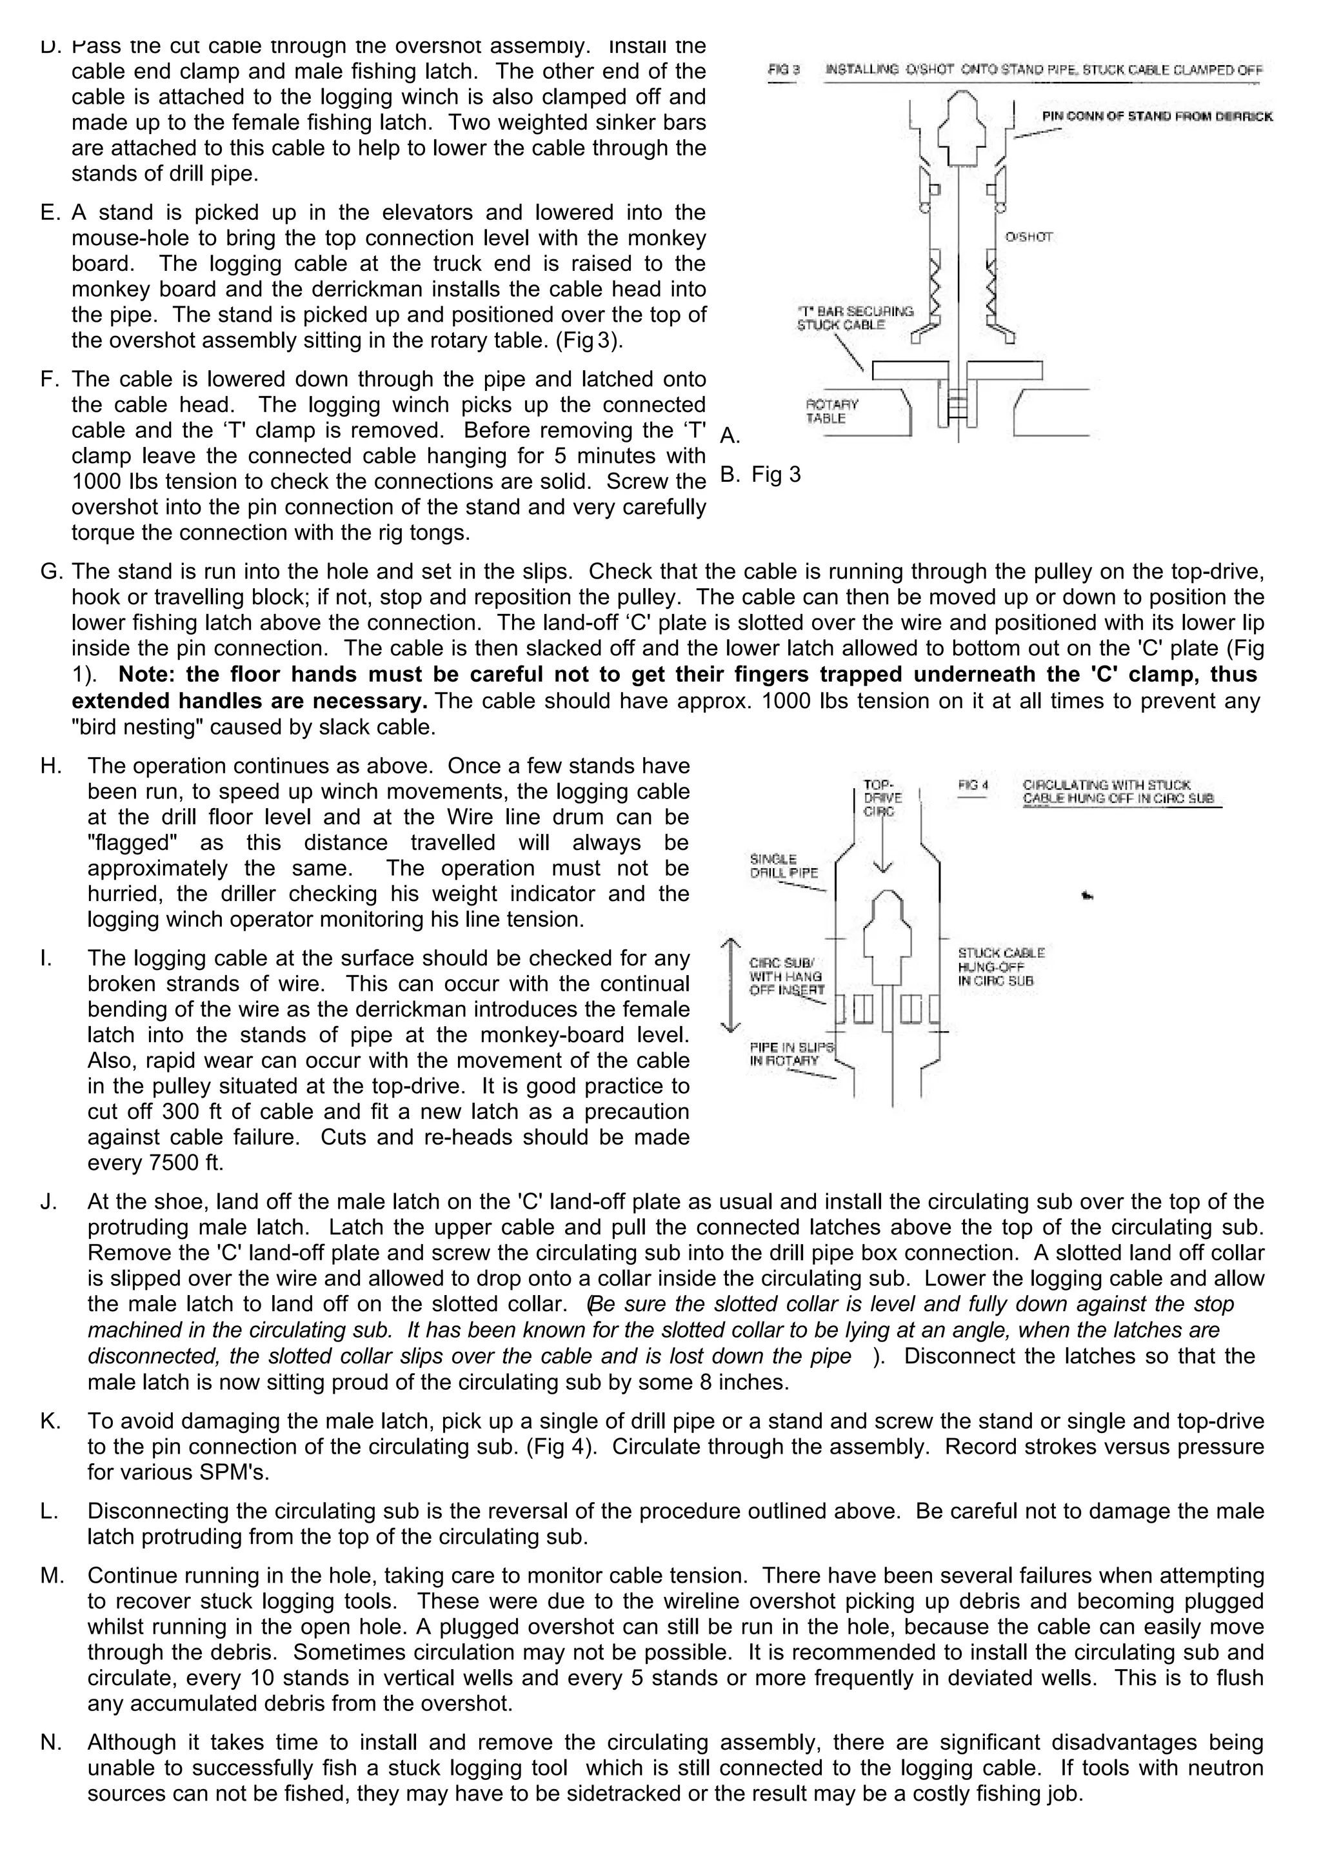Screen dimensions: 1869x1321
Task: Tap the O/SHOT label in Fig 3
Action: [x=1029, y=237]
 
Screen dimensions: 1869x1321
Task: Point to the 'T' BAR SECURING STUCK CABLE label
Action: [x=855, y=317]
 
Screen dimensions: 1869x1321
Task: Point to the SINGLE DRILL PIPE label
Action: [x=783, y=865]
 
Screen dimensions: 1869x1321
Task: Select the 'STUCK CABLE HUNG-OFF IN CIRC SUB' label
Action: [x=1000, y=966]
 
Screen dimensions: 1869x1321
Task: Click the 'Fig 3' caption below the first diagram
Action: [x=776, y=474]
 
